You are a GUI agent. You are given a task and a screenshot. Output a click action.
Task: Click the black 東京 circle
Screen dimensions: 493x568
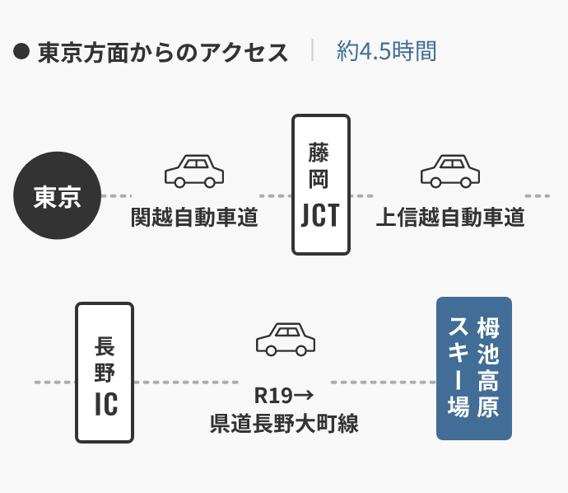[57, 196]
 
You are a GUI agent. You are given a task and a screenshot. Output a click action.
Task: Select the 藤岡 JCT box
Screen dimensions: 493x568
[321, 185]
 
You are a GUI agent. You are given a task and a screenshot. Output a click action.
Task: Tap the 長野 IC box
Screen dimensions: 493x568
[105, 372]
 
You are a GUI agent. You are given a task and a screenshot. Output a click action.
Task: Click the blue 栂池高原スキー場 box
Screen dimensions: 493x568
[473, 369]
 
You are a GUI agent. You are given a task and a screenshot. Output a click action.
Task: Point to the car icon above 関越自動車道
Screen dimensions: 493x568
[194, 171]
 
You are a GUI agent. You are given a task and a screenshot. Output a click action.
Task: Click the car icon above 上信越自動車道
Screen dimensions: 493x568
[450, 171]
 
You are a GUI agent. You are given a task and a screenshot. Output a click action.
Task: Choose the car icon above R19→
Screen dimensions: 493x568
[286, 338]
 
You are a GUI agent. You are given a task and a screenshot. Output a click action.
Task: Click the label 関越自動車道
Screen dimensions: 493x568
[195, 218]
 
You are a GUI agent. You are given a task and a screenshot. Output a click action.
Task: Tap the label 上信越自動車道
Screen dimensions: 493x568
[450, 218]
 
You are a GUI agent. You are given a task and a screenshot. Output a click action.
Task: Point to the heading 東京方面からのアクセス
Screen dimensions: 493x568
[163, 53]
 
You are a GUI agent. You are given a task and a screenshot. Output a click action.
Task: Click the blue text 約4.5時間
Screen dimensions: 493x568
[386, 52]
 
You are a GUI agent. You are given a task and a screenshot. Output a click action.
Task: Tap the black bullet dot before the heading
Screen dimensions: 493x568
[22, 53]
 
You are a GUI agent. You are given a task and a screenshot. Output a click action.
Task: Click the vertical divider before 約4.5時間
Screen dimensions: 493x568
[313, 51]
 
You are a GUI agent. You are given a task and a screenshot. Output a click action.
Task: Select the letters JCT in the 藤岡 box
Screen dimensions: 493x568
[321, 215]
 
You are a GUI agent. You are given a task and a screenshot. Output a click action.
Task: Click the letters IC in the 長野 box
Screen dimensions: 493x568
[105, 404]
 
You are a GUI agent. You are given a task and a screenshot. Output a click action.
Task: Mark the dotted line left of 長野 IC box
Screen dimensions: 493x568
[54, 383]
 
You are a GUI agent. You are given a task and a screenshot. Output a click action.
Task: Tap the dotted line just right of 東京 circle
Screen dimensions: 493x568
[116, 196]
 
